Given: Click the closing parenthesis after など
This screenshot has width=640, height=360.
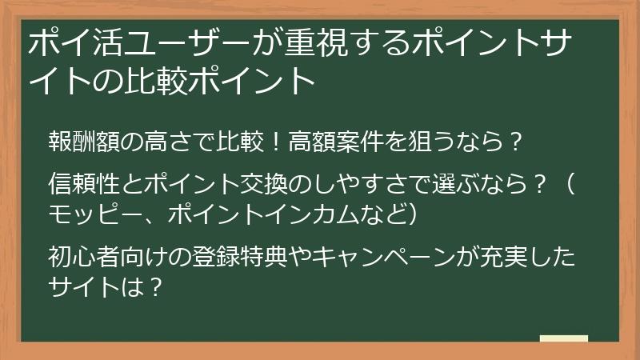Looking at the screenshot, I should (410, 216).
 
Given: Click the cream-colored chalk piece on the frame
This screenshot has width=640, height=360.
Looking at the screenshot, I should (563, 339).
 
